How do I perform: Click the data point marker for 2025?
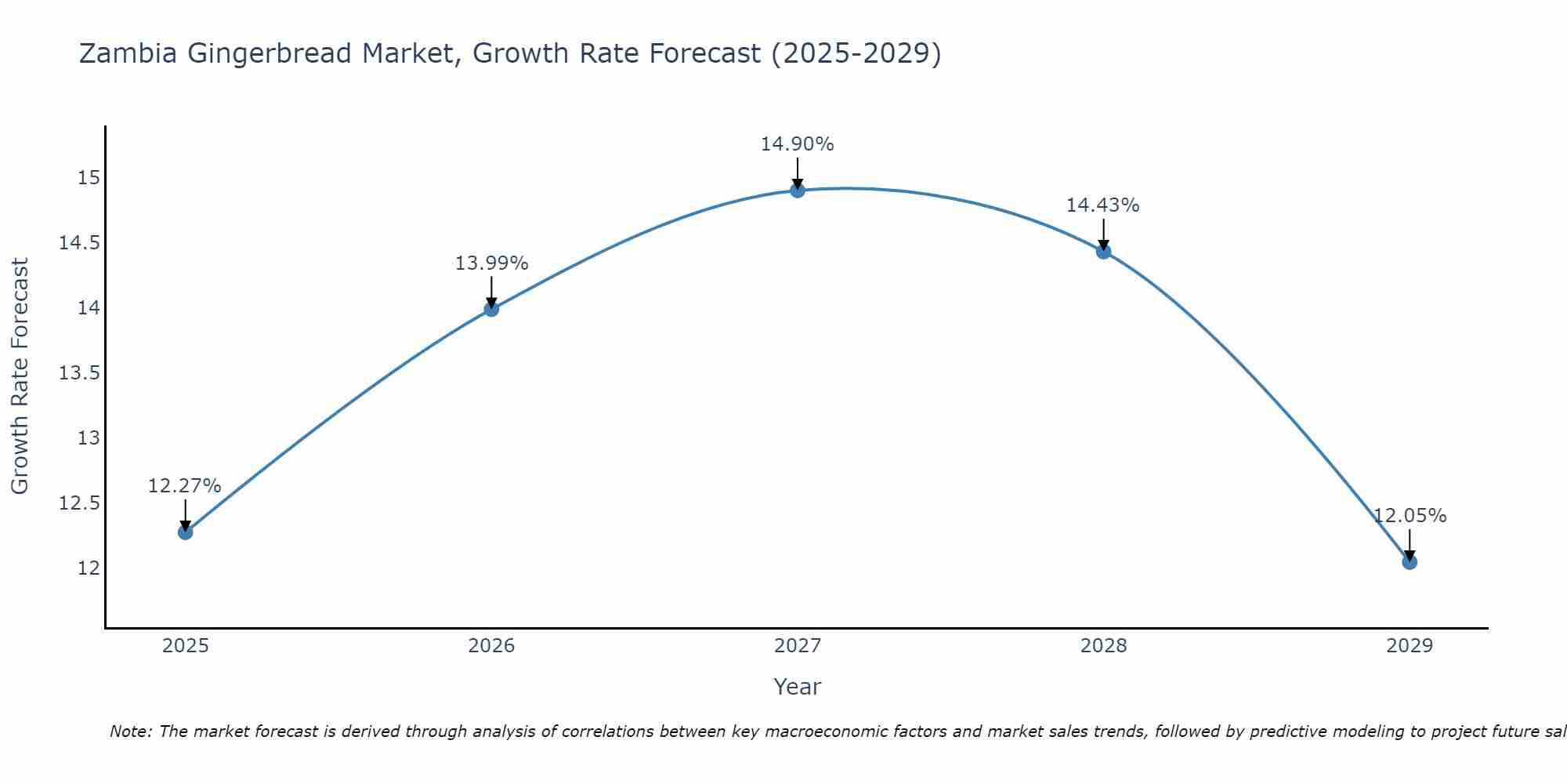tap(185, 532)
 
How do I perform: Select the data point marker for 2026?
tap(491, 309)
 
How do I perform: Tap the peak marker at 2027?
tap(798, 191)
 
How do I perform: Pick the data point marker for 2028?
tap(1103, 252)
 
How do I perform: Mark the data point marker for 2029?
tap(1410, 562)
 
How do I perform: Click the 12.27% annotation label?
tap(185, 486)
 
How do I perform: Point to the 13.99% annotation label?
tap(491, 263)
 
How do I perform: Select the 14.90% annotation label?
tap(798, 144)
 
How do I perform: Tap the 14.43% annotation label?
tap(1103, 205)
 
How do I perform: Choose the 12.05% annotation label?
tap(1410, 516)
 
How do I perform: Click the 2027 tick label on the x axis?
tap(798, 646)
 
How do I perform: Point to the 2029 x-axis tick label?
tap(1410, 646)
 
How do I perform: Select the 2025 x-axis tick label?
tap(185, 646)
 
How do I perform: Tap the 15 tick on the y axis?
tap(89, 178)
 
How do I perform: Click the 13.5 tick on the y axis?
tap(79, 373)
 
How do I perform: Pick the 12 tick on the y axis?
tap(89, 568)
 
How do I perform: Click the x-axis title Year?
tap(798, 687)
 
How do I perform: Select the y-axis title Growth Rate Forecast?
tap(20, 376)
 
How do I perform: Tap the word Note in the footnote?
tap(130, 731)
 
